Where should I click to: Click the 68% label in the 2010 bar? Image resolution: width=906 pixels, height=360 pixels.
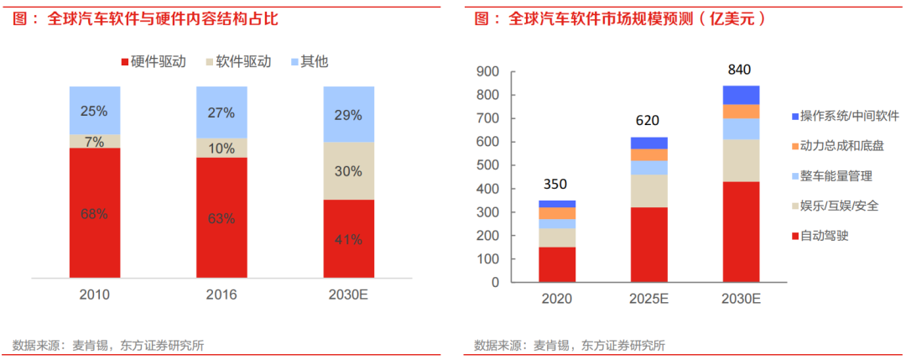(94, 214)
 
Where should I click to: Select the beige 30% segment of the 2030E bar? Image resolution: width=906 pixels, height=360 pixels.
(348, 171)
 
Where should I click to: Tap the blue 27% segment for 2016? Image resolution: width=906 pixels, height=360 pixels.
(221, 112)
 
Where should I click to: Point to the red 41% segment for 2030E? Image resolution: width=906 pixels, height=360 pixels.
(348, 238)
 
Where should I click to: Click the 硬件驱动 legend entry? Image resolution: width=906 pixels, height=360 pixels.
(154, 62)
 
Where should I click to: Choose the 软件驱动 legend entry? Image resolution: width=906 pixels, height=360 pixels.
(237, 62)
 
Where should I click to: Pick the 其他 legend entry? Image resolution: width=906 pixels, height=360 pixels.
(308, 62)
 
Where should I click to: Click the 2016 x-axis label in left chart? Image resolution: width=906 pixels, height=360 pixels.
(221, 295)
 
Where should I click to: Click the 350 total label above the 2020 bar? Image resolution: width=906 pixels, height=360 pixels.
(557, 183)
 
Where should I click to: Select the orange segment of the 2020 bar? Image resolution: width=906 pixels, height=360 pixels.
(557, 213)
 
